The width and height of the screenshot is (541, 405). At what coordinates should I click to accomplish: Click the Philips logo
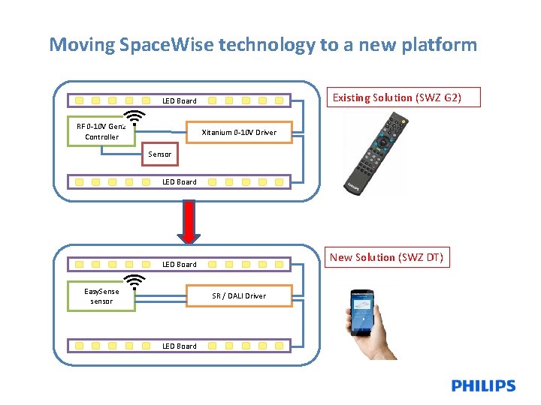coord(483,386)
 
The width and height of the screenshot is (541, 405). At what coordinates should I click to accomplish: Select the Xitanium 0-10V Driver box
coord(238,133)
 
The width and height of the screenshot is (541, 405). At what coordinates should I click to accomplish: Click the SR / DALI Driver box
coord(238,296)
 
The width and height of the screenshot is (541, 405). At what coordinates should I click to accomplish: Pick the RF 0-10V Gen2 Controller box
coord(101,132)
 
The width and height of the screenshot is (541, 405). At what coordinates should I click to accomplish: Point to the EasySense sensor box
coord(101,296)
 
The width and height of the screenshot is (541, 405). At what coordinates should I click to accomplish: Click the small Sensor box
coord(159,154)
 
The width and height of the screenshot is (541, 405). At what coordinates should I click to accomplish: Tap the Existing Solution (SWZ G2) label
coord(396,97)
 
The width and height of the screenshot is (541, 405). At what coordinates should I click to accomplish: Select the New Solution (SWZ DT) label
coord(386,257)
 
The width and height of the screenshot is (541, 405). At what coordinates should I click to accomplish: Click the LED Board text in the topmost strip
coord(180,100)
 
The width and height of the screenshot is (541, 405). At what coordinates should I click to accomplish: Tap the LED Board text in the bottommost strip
coord(180,346)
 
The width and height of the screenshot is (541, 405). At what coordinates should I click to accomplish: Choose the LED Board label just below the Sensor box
coord(180,181)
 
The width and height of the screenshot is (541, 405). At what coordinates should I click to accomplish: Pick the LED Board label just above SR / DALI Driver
coord(180,264)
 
